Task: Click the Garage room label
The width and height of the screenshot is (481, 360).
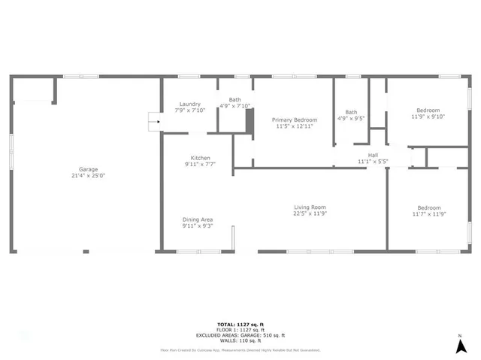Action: point(88,169)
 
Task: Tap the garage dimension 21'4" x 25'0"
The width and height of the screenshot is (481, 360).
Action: point(88,176)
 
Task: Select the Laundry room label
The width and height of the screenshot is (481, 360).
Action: point(189,104)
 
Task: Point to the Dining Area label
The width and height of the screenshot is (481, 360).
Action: point(198,219)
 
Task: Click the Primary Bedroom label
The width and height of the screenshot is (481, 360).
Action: point(295,120)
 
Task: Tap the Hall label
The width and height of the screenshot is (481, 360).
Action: point(372,155)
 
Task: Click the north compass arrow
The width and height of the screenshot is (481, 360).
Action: point(459,346)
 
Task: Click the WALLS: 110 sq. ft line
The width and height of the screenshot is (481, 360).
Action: point(240,340)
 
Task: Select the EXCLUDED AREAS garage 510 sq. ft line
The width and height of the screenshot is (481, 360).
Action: point(240,335)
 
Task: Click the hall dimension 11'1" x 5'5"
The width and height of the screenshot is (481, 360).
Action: point(372,161)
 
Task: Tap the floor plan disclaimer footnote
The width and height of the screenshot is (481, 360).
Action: point(240,349)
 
